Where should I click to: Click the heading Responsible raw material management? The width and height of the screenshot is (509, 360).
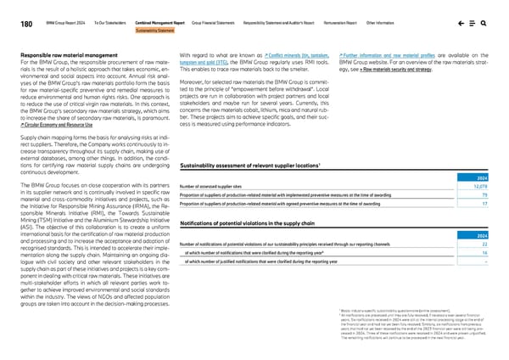click(65, 53)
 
